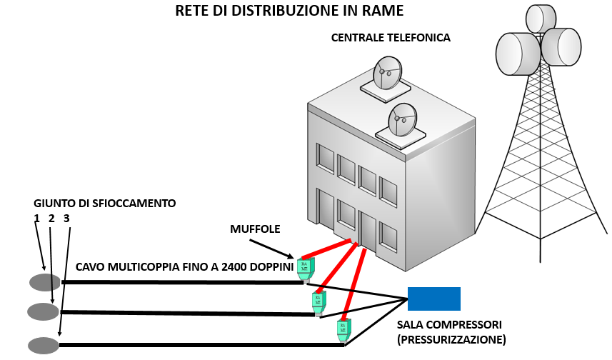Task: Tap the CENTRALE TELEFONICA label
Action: pyautogui.click(x=391, y=37)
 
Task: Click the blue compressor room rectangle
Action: pyautogui.click(x=434, y=299)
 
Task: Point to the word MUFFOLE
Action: pyautogui.click(x=255, y=229)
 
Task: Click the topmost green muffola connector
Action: pyautogui.click(x=305, y=266)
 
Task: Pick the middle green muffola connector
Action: pyautogui.click(x=318, y=301)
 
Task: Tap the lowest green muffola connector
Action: pyautogui.click(x=343, y=329)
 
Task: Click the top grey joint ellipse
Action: pyautogui.click(x=45, y=282)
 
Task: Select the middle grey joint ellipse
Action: pyautogui.click(x=43, y=311)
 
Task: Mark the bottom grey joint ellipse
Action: pyautogui.click(x=44, y=346)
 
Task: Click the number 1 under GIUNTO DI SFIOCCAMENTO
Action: pyautogui.click(x=36, y=219)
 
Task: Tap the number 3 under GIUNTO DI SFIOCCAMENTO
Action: pyautogui.click(x=66, y=219)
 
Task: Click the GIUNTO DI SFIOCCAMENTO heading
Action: pyautogui.click(x=104, y=204)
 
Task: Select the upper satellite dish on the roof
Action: pyautogui.click(x=386, y=74)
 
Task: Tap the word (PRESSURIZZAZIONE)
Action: pyautogui.click(x=451, y=339)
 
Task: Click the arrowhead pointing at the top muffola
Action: pyautogui.click(x=291, y=256)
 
